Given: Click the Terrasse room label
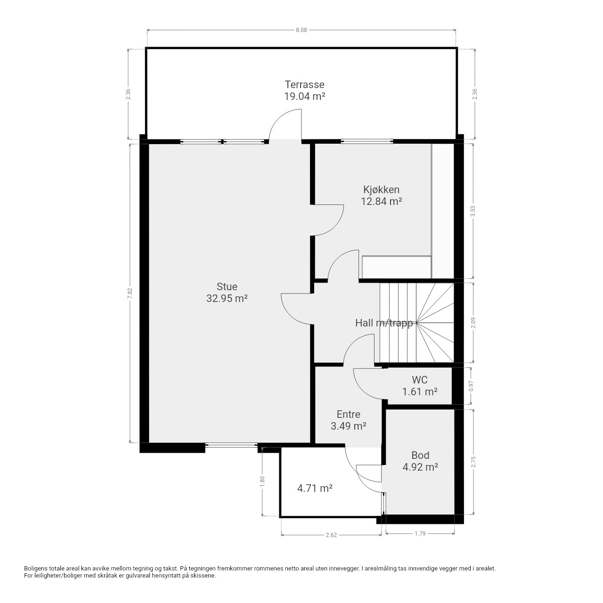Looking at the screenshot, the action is click(304, 84).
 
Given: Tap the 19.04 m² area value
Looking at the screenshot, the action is click(304, 97).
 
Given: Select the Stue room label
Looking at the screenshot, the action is click(227, 286).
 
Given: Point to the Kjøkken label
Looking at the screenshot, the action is click(381, 190).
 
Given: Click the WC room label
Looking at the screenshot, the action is click(420, 380).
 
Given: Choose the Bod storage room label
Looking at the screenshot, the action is click(420, 455).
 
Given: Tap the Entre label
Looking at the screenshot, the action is click(348, 414).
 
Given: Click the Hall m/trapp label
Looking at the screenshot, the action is click(384, 323).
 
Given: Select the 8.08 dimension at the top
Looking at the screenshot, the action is click(301, 30).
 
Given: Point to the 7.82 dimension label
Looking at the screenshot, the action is click(130, 293).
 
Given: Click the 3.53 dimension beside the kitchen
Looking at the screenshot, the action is click(473, 211).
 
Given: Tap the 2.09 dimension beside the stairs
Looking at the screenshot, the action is click(473, 323).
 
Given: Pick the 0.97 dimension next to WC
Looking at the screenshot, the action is click(471, 386).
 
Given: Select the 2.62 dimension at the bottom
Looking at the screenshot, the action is click(331, 535).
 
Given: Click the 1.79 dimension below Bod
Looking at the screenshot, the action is click(420, 534).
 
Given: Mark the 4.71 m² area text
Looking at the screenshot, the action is click(315, 488).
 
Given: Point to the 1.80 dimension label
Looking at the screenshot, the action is click(262, 481).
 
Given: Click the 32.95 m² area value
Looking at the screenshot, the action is click(227, 299).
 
